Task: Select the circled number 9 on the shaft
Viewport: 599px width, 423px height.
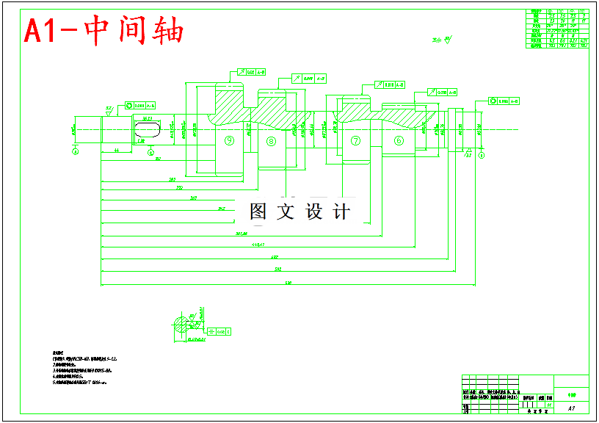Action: click(x=229, y=140)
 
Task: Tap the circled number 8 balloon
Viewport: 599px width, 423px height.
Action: click(x=272, y=141)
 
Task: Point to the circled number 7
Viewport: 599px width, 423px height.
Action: click(x=356, y=140)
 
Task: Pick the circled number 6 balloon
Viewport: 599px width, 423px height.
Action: click(x=399, y=140)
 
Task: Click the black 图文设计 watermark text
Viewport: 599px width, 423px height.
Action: click(x=299, y=212)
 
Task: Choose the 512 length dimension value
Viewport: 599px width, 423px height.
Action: click(x=278, y=270)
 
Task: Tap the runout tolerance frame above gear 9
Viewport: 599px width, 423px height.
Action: click(x=251, y=72)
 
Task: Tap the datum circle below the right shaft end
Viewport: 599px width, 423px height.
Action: click(x=482, y=155)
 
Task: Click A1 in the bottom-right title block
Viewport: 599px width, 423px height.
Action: click(x=571, y=407)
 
